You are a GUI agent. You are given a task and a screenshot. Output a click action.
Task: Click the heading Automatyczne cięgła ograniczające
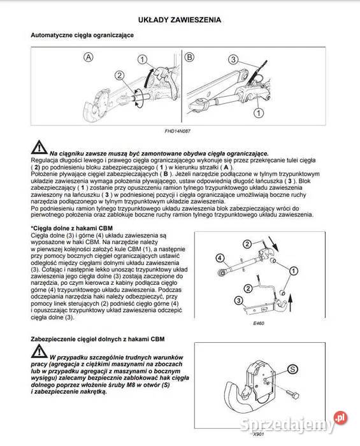[x=82, y=36]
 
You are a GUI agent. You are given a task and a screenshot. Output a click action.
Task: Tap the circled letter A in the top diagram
[x=88, y=57]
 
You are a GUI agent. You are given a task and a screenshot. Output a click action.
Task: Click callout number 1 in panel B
[x=257, y=113]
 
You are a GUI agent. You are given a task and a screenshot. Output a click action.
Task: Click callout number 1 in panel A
[x=143, y=60]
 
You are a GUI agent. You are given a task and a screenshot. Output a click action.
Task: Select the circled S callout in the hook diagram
[x=293, y=368]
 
